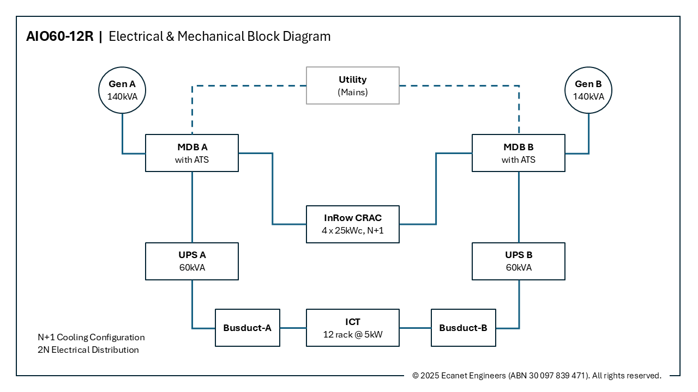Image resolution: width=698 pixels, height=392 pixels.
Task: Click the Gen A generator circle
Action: [x=122, y=90]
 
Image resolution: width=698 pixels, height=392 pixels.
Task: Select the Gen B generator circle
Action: [x=588, y=90]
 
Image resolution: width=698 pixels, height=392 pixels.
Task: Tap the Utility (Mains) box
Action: [x=352, y=85]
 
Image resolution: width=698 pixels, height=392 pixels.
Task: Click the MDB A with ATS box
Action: [x=192, y=153]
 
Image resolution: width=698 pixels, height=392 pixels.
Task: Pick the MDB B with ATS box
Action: [x=518, y=153]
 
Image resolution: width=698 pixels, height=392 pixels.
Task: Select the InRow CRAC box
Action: [x=352, y=224]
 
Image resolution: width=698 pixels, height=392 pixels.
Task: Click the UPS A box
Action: [x=192, y=261]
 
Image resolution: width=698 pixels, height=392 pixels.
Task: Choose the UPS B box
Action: [x=518, y=261]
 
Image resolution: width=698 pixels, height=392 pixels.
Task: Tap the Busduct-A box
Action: [x=248, y=328]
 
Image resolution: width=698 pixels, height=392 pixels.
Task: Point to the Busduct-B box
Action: [x=464, y=328]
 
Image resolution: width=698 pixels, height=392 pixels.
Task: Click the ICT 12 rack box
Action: [x=352, y=328]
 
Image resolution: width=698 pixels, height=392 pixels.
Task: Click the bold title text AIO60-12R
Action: [x=60, y=36]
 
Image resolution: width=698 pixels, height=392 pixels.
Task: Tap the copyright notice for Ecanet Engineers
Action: [x=537, y=376]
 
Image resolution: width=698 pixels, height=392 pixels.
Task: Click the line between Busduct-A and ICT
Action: [x=293, y=328]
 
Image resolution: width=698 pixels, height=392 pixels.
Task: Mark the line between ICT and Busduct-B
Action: [x=415, y=328]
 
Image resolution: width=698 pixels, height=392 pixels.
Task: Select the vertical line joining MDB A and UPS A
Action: [x=192, y=207]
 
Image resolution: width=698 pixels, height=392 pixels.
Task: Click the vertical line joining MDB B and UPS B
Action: [x=519, y=207]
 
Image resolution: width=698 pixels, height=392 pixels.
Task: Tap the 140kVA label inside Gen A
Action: [x=122, y=96]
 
